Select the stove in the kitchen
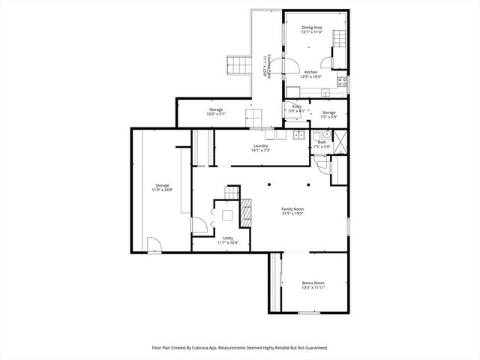(342, 82)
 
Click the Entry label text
(297, 109)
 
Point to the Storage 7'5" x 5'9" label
(328, 115)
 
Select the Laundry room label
(260, 148)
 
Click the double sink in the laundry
(298, 135)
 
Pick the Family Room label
(292, 211)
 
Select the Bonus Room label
(313, 285)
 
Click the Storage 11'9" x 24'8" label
(163, 187)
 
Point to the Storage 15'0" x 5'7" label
(215, 112)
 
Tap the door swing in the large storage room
(153, 244)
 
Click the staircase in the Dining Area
(339, 38)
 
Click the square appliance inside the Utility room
(226, 216)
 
